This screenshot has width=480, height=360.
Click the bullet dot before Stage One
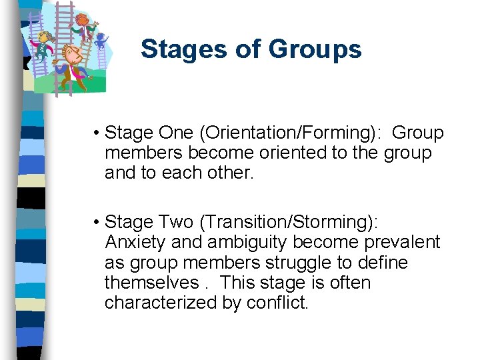[97, 133]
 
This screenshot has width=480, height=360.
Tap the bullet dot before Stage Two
[97, 222]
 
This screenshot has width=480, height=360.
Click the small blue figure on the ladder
[101, 41]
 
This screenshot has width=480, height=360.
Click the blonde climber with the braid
[43, 43]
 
